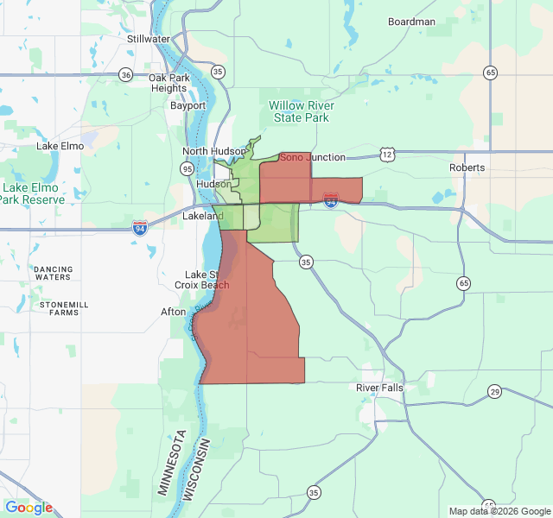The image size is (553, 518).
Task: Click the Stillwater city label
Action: coord(149,39)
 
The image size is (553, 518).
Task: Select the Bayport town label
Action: coord(188,106)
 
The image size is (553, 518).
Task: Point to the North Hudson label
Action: coord(214,151)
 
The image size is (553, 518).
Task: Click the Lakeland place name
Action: coord(202,216)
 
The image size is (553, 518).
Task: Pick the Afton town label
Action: coord(173,312)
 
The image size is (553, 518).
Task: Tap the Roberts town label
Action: coord(467,167)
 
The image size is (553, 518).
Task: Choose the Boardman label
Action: coord(411,22)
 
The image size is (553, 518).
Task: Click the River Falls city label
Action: coord(379,388)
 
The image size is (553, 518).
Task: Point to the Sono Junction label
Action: coord(312,157)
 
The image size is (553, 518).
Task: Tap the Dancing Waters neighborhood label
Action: coord(54,274)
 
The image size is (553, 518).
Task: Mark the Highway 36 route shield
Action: coord(126,74)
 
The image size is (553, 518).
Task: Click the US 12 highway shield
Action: coord(386,154)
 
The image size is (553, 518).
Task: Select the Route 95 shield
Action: coord(188,169)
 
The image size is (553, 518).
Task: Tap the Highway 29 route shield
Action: coord(494,392)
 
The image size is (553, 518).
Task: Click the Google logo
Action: coord(29,508)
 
